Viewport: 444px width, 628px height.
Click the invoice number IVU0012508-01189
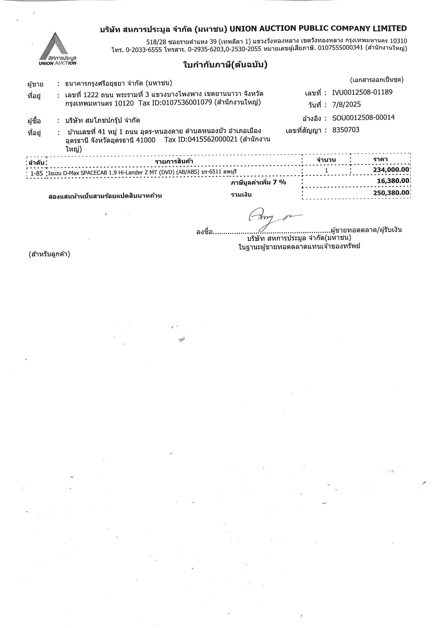click(362, 92)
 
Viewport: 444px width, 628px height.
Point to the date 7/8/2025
click(346, 104)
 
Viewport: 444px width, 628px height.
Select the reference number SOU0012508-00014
click(363, 118)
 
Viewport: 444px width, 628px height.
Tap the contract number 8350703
click(346, 130)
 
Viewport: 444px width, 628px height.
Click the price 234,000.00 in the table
click(391, 170)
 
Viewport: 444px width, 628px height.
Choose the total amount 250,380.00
click(391, 193)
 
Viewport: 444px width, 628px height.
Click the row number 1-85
click(37, 173)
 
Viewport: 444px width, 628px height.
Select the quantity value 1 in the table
click(326, 170)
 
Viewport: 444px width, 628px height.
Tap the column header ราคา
click(380, 159)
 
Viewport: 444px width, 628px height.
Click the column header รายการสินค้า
click(174, 161)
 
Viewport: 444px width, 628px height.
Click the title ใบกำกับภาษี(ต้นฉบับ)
click(225, 65)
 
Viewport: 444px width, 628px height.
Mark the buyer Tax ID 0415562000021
click(213, 140)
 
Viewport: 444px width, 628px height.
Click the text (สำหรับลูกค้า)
click(49, 254)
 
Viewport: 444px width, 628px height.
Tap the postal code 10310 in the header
click(398, 41)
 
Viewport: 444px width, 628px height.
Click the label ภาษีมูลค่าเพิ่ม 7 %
click(258, 182)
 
